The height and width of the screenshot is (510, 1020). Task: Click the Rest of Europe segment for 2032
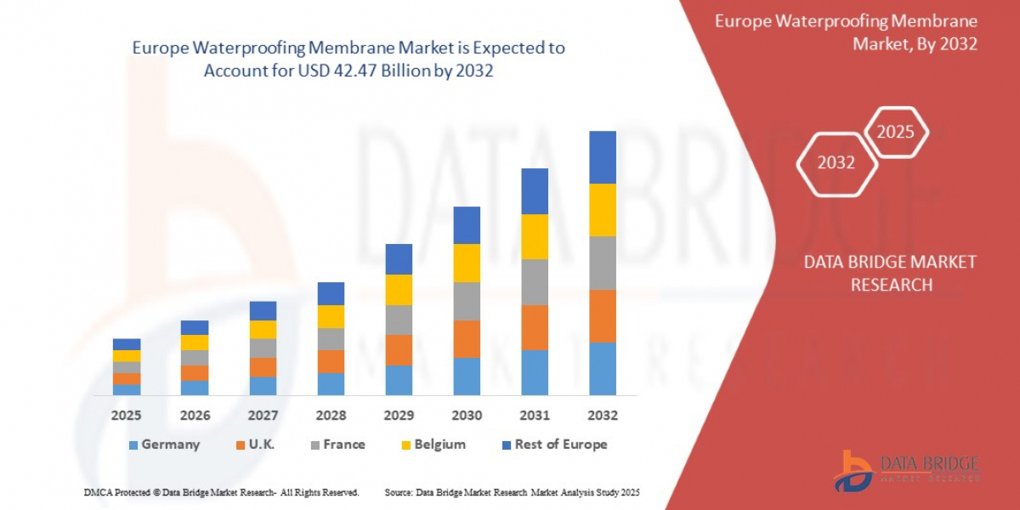(603, 157)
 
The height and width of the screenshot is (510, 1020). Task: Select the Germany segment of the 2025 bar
(127, 389)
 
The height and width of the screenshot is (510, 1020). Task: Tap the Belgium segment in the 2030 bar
(467, 263)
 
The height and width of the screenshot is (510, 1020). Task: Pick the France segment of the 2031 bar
(535, 282)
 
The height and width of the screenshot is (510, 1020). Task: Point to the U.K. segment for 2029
(399, 349)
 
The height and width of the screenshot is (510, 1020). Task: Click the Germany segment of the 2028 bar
(331, 383)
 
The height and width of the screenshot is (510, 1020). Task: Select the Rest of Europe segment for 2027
(263, 310)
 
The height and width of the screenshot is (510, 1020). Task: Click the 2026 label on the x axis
(195, 416)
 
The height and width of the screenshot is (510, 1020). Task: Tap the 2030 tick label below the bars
(467, 416)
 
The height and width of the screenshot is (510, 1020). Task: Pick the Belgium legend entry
(433, 445)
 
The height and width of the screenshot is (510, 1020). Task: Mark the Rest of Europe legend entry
(554, 445)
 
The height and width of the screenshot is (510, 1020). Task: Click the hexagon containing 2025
(895, 133)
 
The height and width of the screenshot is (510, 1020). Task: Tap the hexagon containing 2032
(836, 162)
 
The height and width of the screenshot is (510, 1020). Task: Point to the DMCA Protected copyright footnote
(221, 492)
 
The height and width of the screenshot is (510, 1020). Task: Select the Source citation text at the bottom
(512, 492)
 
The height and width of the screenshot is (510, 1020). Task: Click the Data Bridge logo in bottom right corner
(906, 471)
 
